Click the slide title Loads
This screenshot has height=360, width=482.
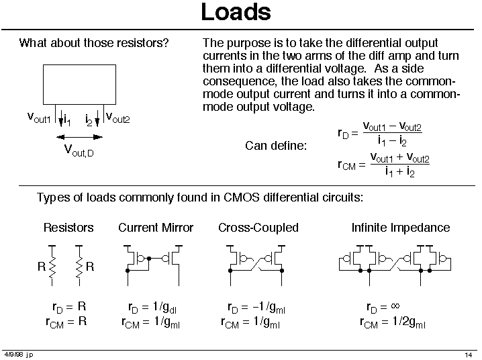coord(236,12)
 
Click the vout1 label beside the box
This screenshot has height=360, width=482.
coord(38,118)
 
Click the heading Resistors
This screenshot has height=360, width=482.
coord(68,228)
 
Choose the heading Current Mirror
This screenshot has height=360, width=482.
coord(155,228)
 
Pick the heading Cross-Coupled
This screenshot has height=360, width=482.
coord(258,228)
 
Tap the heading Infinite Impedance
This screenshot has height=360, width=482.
coord(400,228)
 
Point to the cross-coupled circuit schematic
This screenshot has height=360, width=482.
coord(258,260)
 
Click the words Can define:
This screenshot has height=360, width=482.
coord(275,145)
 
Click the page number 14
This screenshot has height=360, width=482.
coord(469,355)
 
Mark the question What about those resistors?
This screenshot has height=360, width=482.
coord(93,44)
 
